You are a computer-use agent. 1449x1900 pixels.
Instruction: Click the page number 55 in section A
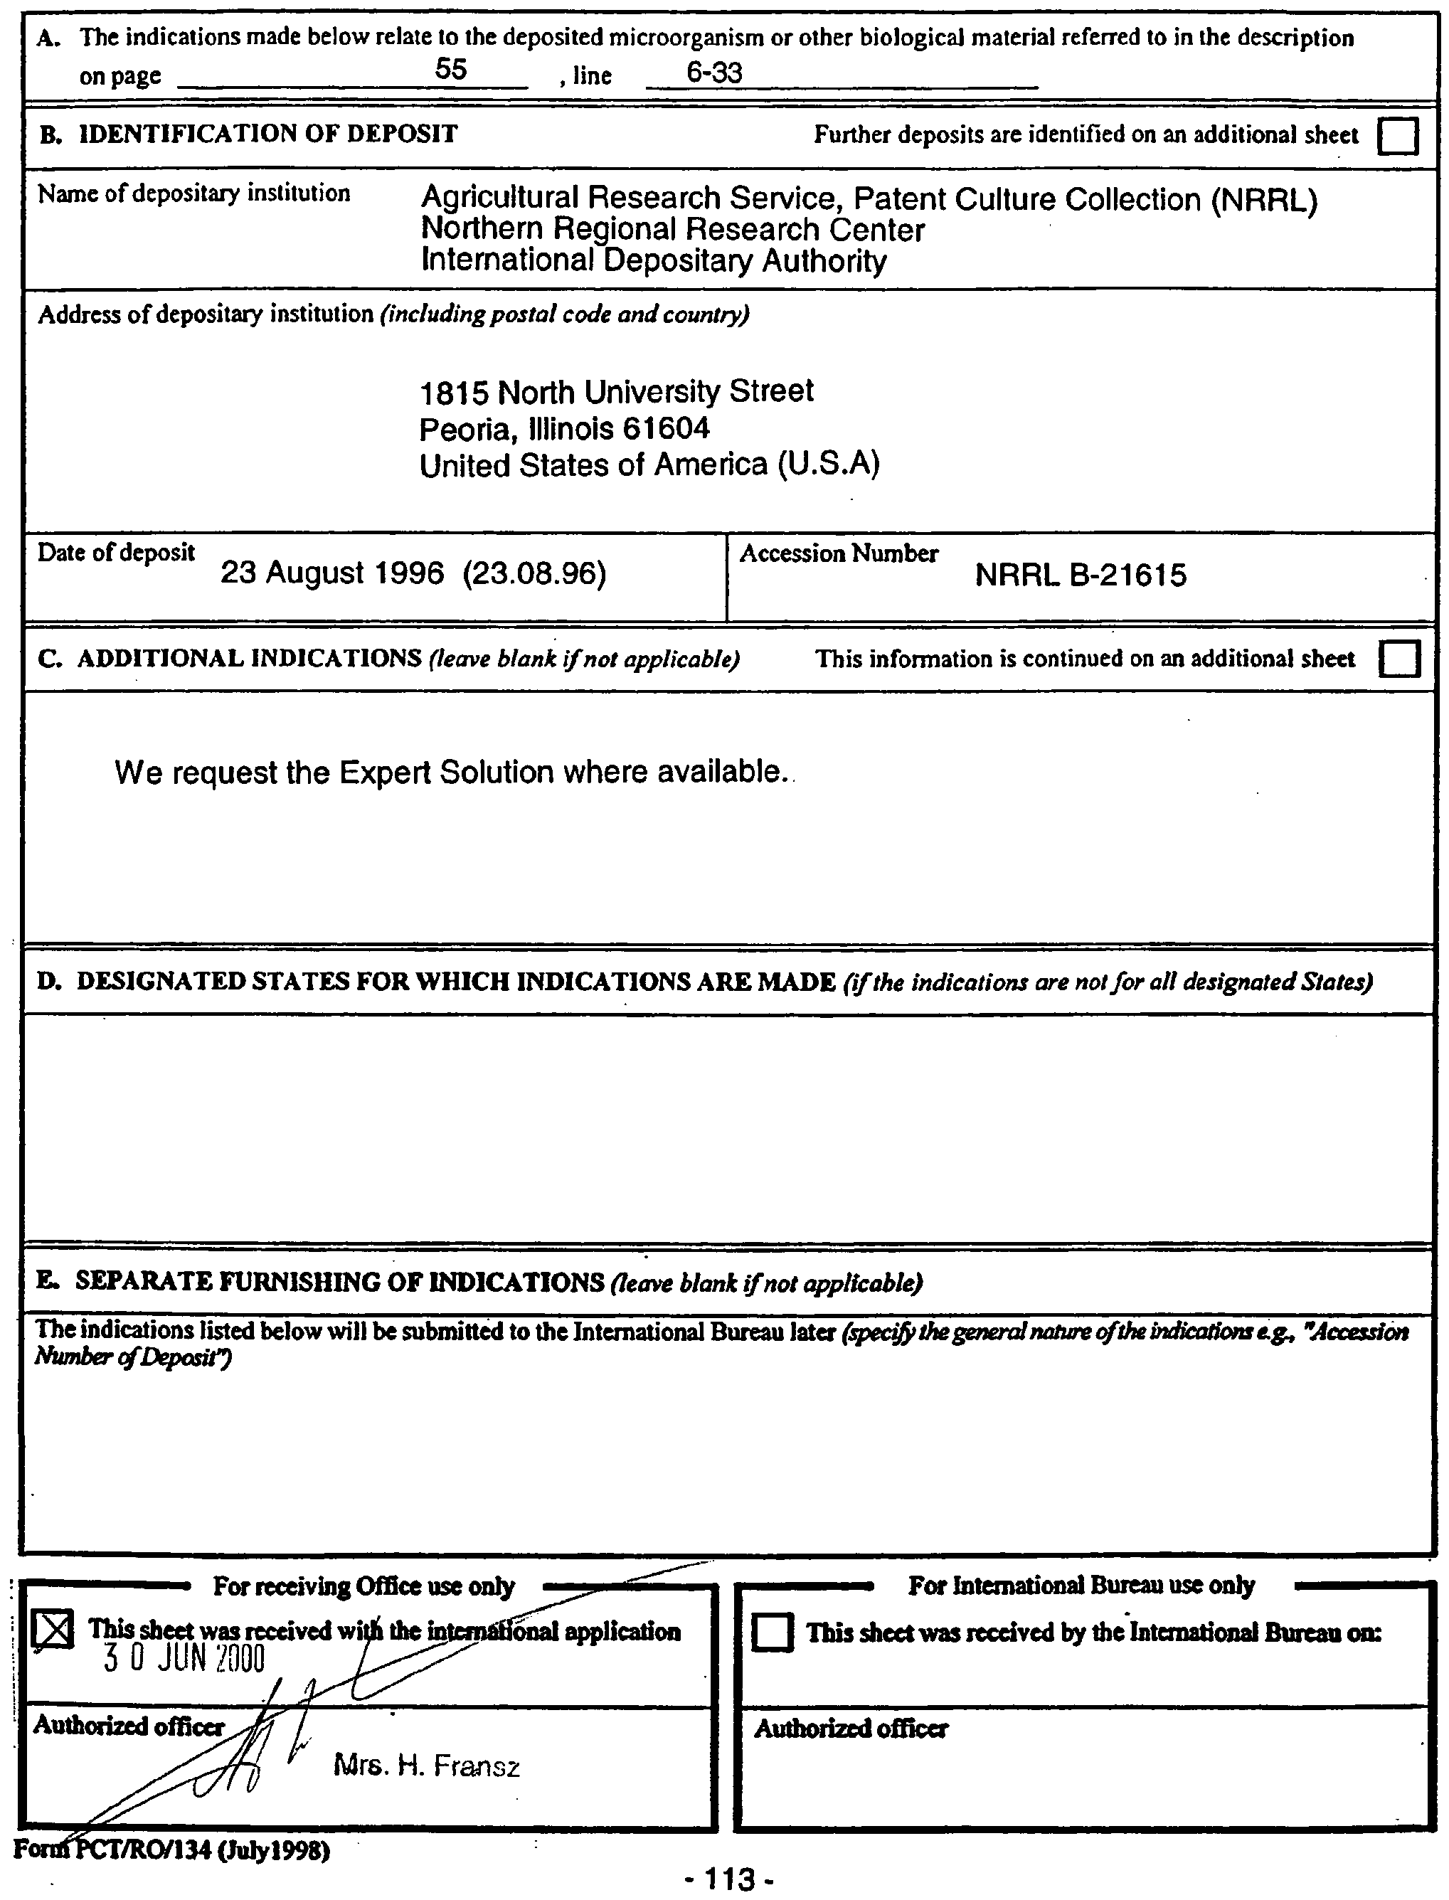click(450, 69)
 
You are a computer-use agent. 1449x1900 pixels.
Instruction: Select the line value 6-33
click(713, 73)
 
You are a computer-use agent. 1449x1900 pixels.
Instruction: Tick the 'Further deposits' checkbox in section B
click(1397, 135)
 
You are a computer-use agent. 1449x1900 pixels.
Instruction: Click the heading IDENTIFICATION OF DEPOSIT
click(267, 134)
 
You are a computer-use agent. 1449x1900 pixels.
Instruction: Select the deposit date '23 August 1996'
click(332, 573)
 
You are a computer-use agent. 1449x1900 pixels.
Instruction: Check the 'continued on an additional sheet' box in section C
click(1399, 660)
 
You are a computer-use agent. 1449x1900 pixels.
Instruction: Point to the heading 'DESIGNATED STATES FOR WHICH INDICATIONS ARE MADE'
click(455, 982)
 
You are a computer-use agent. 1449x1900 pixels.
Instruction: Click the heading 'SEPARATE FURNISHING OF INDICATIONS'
click(339, 1282)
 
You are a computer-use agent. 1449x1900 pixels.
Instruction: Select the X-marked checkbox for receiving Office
click(53, 1630)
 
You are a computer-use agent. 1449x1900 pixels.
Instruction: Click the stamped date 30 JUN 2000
click(184, 1659)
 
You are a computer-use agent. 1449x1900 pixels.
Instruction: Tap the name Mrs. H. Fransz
click(426, 1767)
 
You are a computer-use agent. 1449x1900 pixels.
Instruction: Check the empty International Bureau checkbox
click(772, 1633)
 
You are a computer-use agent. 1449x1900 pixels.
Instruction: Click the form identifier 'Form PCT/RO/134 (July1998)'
click(171, 1850)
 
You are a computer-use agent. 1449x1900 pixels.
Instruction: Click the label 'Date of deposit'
click(115, 552)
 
